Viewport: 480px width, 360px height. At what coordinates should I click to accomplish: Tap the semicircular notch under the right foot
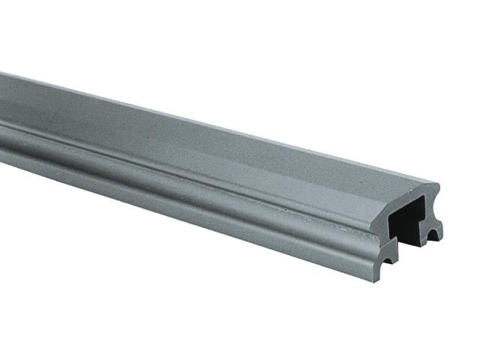pos(433,237)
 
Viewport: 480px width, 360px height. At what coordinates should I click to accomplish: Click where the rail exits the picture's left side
pos(2,112)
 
